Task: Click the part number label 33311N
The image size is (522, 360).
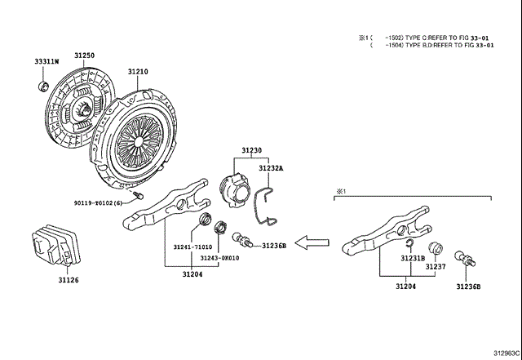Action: pyautogui.click(x=46, y=62)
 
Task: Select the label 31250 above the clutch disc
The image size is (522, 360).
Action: pyautogui.click(x=85, y=56)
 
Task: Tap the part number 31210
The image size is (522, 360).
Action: pyautogui.click(x=137, y=72)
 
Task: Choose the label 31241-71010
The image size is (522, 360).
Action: pyautogui.click(x=192, y=247)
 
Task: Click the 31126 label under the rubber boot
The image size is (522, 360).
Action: pyautogui.click(x=69, y=280)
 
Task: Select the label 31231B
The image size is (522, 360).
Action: pyautogui.click(x=412, y=257)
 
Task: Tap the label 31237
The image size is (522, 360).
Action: pyautogui.click(x=436, y=266)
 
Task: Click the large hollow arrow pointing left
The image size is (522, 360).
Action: pyautogui.click(x=312, y=242)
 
